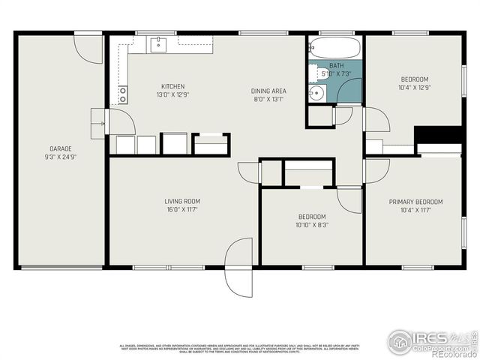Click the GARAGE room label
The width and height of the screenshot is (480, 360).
click(61, 148)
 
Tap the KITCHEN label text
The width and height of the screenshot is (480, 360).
click(172, 86)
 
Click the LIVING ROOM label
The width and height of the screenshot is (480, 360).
click(182, 201)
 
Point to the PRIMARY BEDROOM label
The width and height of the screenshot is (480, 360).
click(415, 202)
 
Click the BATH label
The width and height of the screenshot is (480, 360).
click(337, 66)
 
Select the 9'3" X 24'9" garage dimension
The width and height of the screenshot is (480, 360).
click(61, 157)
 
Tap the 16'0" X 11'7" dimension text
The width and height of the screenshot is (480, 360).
click(182, 210)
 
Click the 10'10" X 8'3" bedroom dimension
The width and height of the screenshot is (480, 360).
click(312, 224)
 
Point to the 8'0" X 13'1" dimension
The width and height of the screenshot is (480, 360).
click(268, 100)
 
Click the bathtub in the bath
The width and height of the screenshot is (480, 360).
click(335, 49)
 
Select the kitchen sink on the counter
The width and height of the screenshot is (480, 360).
click(158, 44)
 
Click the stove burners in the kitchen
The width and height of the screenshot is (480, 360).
click(122, 94)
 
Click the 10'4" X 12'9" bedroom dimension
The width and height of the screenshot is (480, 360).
click(415, 88)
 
